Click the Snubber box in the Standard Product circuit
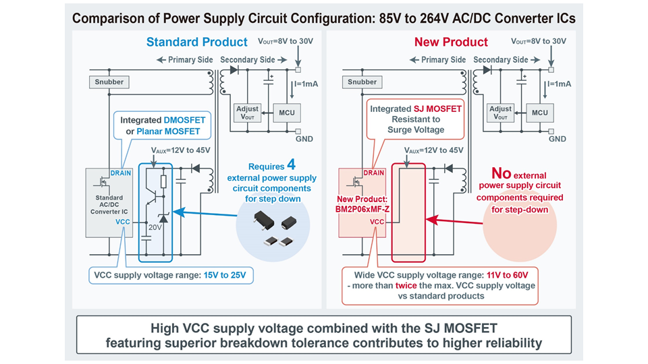click(109, 82)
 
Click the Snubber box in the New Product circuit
click(362, 82)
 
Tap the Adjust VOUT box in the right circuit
click(500, 112)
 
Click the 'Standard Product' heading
click(192, 42)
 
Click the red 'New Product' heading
click(451, 42)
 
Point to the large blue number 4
click(291, 165)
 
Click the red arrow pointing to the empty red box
click(459, 220)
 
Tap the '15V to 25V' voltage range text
click(230, 274)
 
